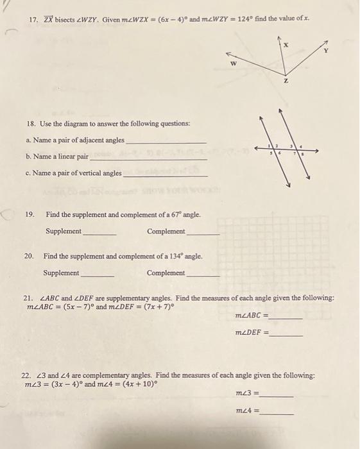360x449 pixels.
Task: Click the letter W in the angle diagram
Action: pos(234,64)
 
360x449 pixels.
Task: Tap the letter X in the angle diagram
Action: pos(286,46)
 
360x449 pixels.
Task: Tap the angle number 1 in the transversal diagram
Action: pos(270,148)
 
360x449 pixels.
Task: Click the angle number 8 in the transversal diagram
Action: pos(303,155)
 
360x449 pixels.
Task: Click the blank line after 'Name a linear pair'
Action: pos(148,158)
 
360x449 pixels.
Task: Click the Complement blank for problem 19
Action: pos(203,233)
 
